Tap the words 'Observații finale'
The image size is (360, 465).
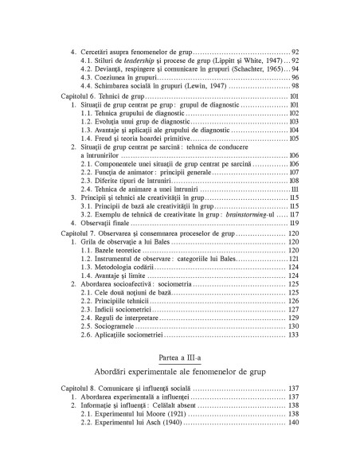[106, 224]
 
